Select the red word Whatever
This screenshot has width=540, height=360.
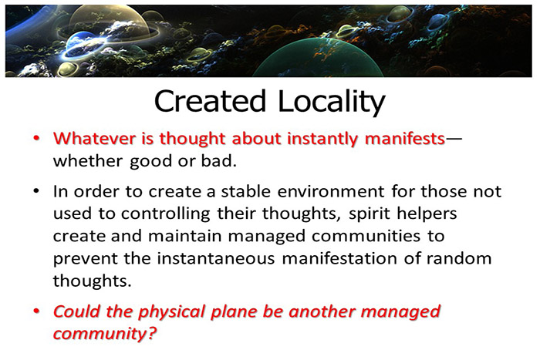pos(88,140)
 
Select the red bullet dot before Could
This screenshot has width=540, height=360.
pos(36,313)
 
